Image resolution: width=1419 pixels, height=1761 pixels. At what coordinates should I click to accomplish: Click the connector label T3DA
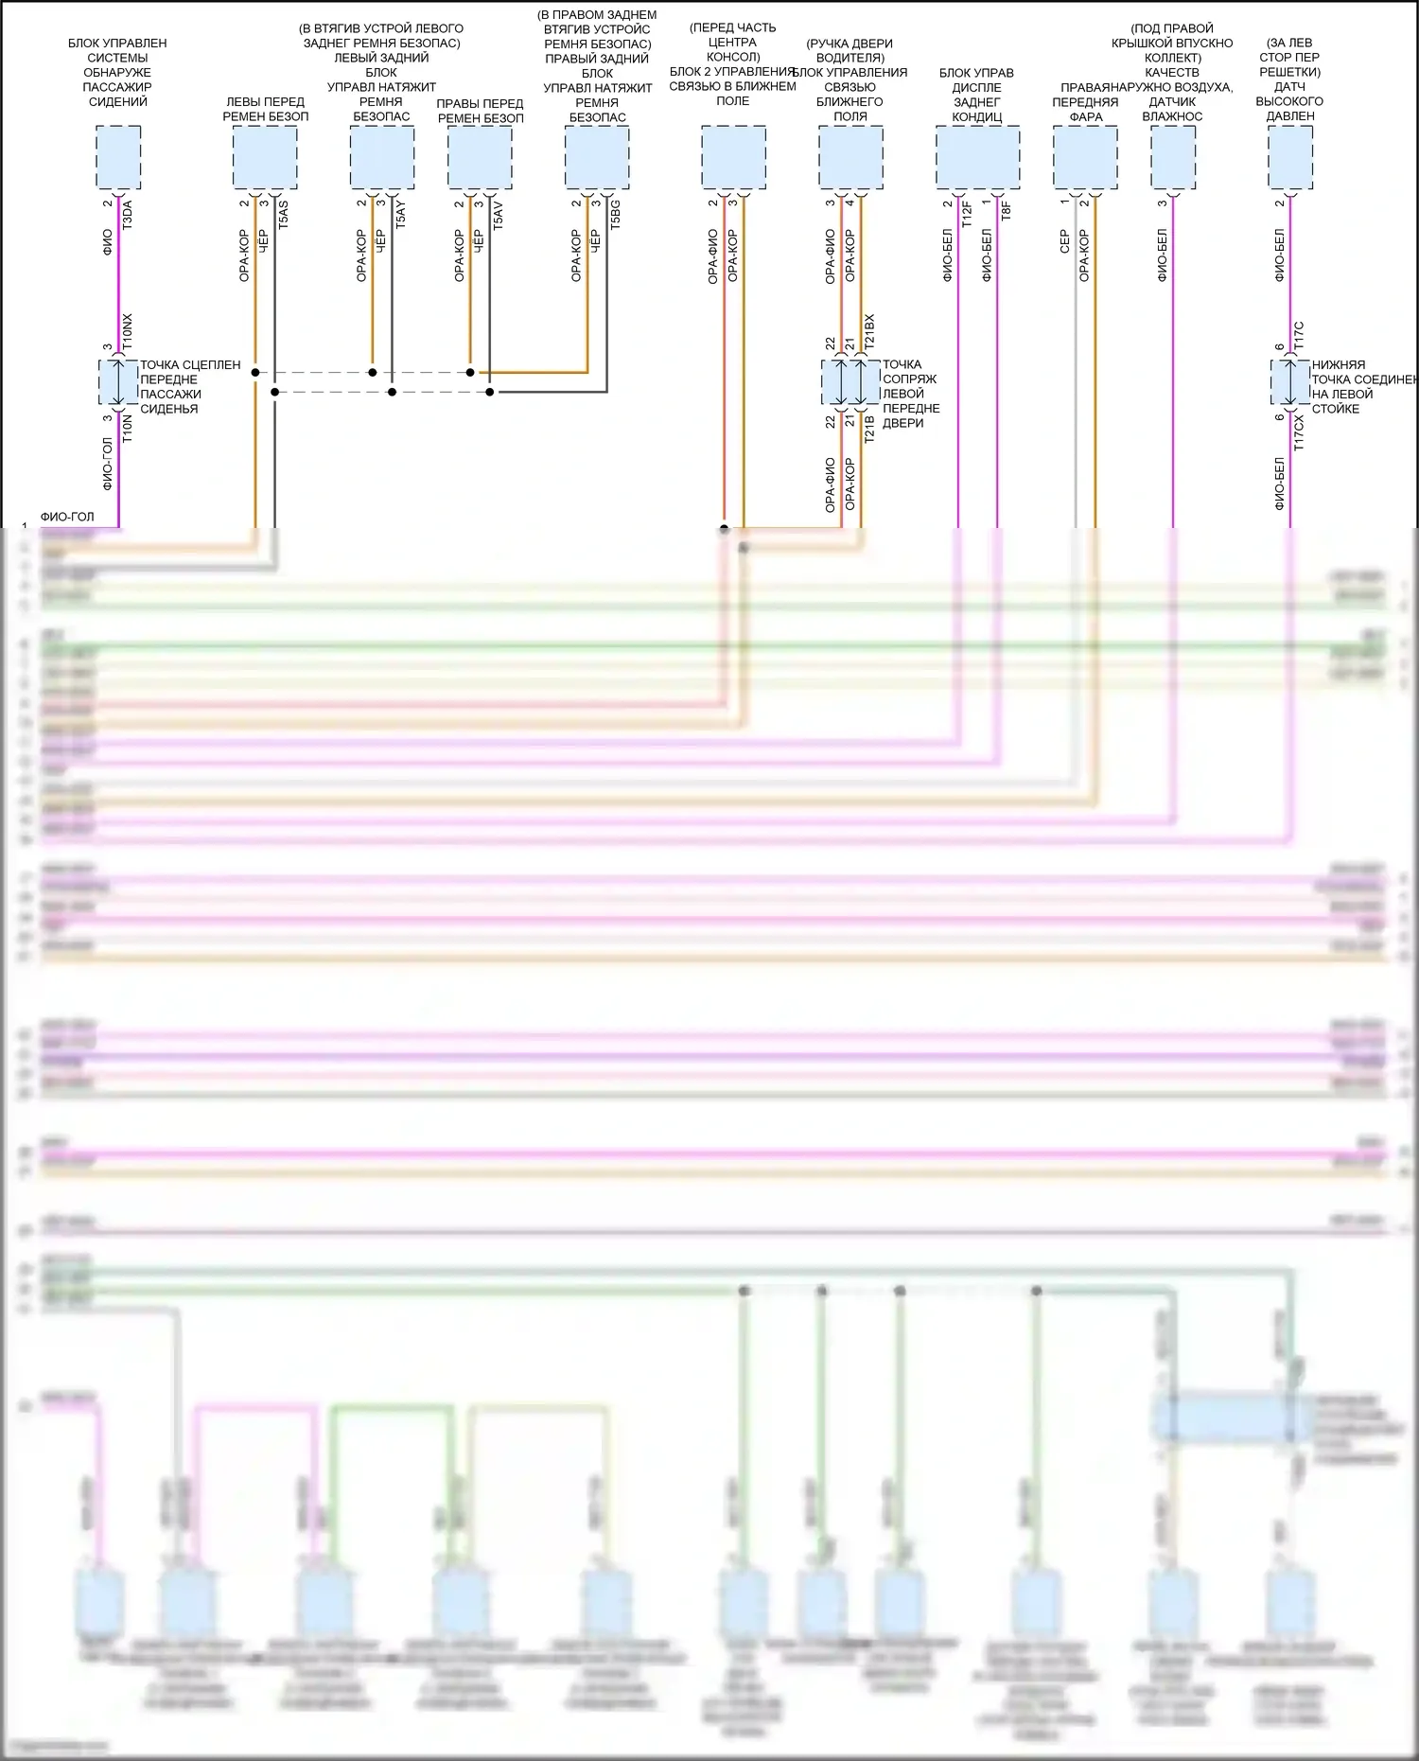tap(128, 215)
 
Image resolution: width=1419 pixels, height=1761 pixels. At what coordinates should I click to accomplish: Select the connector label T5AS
tap(283, 215)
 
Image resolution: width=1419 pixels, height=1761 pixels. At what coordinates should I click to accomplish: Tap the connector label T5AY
tap(400, 215)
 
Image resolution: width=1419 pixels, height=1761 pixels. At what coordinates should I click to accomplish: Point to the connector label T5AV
tap(498, 215)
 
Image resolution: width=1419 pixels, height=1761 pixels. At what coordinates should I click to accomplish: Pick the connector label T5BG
tap(616, 215)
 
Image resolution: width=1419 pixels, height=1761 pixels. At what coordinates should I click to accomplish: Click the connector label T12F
tap(967, 213)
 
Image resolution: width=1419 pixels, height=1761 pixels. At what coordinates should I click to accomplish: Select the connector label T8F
tap(1006, 210)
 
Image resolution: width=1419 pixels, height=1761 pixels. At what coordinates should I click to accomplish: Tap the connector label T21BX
tap(869, 333)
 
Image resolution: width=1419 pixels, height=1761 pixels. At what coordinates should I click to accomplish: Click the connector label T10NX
tap(128, 332)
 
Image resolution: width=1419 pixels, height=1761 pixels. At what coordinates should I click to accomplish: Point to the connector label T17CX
tap(1299, 431)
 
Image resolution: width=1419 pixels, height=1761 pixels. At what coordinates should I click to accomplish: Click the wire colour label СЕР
tap(1064, 241)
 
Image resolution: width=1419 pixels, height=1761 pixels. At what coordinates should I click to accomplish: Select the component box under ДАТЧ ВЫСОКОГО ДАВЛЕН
tap(1289, 157)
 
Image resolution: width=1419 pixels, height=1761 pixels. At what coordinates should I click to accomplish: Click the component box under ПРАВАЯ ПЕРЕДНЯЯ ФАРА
tap(1085, 157)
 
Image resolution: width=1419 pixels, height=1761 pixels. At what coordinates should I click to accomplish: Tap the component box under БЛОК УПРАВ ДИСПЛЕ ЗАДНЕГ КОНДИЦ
tap(977, 157)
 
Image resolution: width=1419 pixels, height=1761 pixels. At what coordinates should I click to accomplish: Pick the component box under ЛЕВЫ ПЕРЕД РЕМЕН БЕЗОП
tap(265, 157)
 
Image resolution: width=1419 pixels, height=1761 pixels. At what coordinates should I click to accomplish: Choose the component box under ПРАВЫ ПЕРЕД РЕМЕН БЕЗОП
tap(480, 157)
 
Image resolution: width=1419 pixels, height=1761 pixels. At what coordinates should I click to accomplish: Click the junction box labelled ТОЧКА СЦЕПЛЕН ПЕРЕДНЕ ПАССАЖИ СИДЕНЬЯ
tap(118, 383)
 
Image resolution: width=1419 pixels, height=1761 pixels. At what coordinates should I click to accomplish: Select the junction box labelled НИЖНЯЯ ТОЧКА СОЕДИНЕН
tap(1289, 383)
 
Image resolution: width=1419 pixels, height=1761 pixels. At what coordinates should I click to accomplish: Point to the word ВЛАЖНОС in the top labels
tap(1172, 116)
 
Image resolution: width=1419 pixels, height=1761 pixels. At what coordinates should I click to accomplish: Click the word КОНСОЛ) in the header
tap(733, 57)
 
